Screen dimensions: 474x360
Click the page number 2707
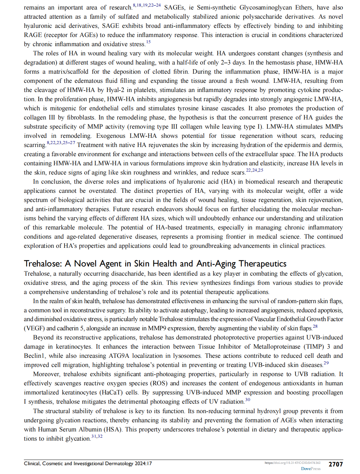tap(335, 464)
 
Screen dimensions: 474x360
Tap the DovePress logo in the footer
tap(311, 469)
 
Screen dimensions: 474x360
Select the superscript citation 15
tap(148, 42)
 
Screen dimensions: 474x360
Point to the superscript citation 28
tap(315, 326)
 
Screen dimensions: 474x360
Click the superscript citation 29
tap(326, 363)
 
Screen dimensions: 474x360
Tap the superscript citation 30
tap(247, 399)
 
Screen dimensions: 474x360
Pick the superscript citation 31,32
tap(97, 436)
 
